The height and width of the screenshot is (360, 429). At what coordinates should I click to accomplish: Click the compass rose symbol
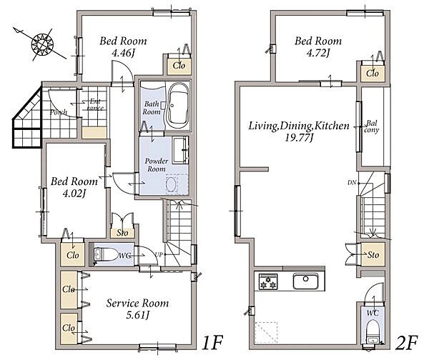[42, 44]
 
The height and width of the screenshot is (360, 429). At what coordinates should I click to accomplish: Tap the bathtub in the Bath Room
[177, 106]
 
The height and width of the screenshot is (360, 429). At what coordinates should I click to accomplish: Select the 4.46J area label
[123, 53]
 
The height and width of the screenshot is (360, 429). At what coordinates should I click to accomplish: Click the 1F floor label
[212, 343]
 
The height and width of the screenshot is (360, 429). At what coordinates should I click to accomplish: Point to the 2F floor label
[407, 343]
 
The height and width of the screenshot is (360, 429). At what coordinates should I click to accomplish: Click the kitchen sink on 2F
[306, 281]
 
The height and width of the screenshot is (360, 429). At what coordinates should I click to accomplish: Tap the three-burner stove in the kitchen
[268, 281]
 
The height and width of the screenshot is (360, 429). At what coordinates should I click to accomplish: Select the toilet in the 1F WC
[105, 255]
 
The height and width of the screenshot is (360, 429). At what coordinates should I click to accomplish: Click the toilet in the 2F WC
[373, 331]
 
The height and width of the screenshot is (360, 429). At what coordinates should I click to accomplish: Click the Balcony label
[372, 126]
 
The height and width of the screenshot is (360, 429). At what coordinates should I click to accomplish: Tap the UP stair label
[159, 254]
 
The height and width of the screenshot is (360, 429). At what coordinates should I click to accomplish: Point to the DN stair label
[352, 183]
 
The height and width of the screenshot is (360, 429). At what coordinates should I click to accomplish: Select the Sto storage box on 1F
[122, 233]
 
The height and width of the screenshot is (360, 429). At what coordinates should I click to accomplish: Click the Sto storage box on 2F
[373, 254]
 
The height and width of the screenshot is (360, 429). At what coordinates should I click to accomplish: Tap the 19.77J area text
[299, 137]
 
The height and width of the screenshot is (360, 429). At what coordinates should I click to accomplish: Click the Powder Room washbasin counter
[180, 150]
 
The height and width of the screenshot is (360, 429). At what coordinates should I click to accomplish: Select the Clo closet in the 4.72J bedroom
[373, 73]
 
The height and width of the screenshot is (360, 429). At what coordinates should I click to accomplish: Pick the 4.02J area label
[74, 194]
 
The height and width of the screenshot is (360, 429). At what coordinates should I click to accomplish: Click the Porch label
[59, 112]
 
